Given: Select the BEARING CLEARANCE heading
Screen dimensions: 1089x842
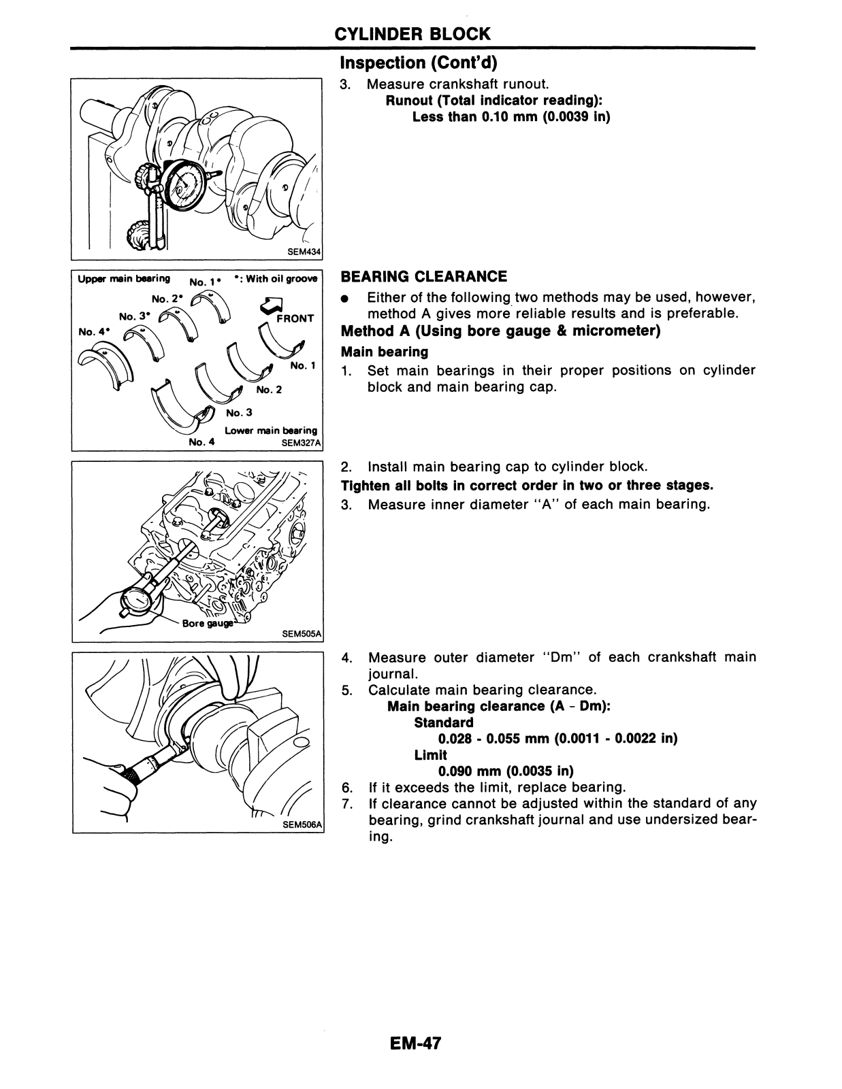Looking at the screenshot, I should pyautogui.click(x=423, y=276).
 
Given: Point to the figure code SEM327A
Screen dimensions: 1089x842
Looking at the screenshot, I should pyautogui.click(x=300, y=443).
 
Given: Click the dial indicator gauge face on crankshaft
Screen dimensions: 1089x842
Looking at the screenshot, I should pyautogui.click(x=186, y=184).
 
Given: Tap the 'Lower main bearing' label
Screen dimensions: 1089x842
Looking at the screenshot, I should pyautogui.click(x=271, y=431).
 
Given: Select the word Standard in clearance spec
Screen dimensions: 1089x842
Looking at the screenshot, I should pyautogui.click(x=443, y=722).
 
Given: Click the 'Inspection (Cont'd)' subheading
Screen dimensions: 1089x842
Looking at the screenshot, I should pyautogui.click(x=418, y=63).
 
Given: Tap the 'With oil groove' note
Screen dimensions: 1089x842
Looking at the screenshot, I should pyautogui.click(x=279, y=279).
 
